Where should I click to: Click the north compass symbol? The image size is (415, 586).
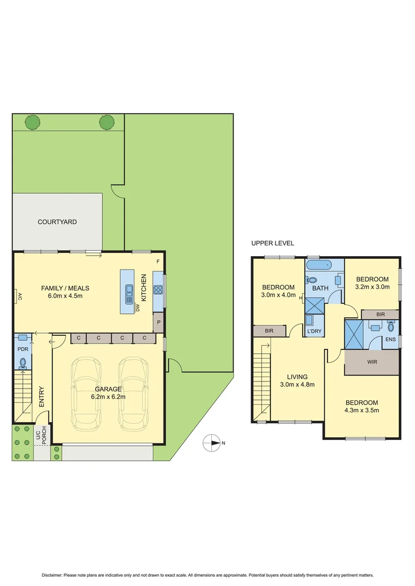[211, 443]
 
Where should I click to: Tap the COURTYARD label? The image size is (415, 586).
[57, 222]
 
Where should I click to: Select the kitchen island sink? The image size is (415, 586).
[129, 294]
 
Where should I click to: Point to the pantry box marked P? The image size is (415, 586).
[158, 322]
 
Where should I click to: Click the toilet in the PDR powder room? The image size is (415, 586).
[23, 362]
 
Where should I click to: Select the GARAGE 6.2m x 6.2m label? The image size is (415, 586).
[108, 393]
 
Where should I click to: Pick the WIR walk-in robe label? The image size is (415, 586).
[372, 361]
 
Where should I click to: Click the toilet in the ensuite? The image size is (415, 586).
[391, 327]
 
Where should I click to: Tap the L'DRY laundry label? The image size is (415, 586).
[315, 331]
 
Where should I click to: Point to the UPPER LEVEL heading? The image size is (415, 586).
[272, 244]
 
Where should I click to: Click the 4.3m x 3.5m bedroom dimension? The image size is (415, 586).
[362, 410]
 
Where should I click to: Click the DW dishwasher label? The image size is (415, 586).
[138, 308]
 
